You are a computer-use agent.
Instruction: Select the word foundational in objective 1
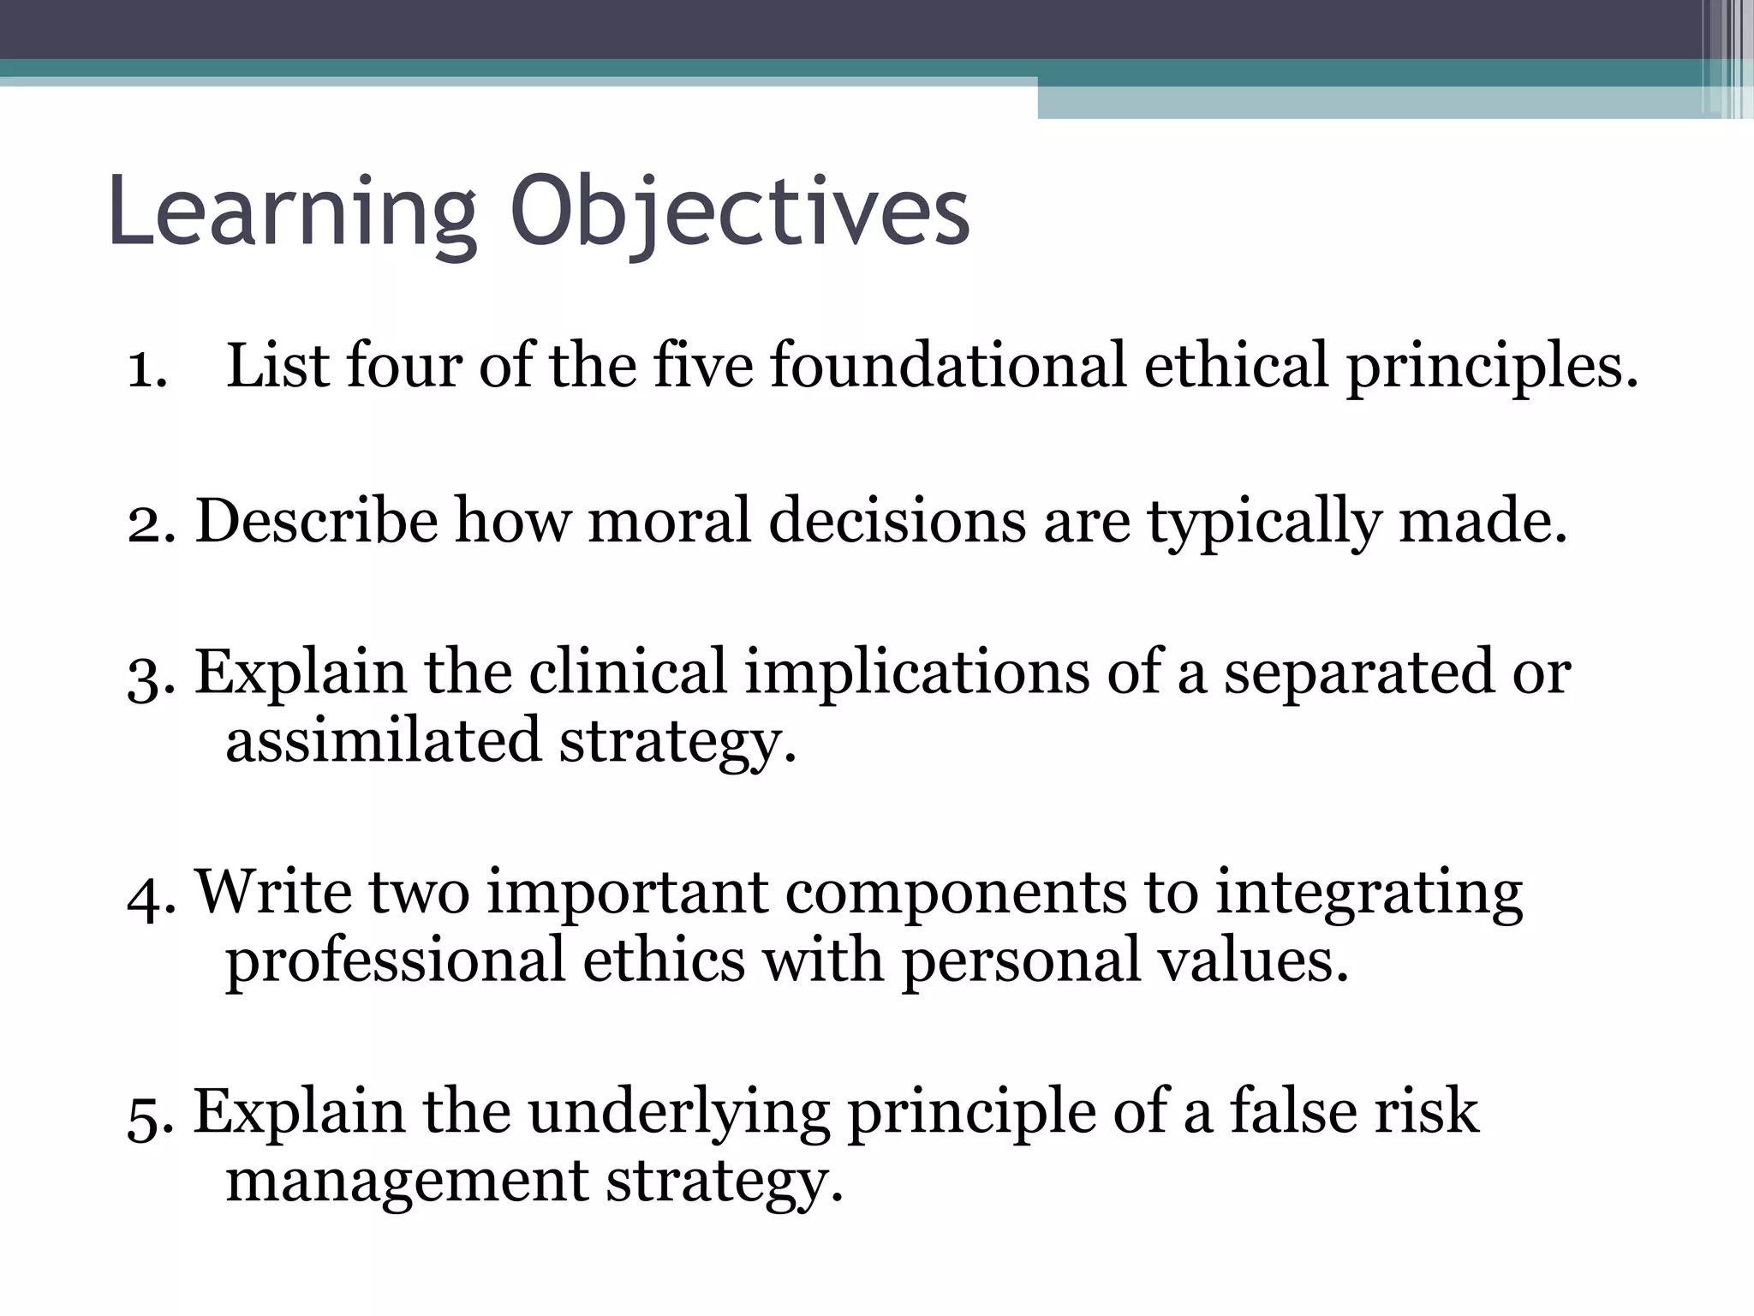tap(947, 366)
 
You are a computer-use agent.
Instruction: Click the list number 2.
tap(147, 523)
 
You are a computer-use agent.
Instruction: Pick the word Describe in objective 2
tap(316, 521)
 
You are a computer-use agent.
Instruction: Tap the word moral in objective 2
tap(669, 521)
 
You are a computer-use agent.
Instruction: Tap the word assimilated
tap(383, 740)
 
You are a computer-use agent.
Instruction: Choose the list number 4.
tap(147, 895)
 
